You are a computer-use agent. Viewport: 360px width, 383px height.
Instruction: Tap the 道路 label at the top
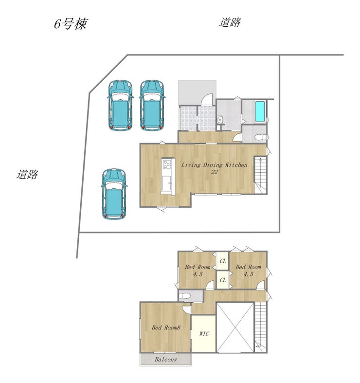pyautogui.click(x=230, y=22)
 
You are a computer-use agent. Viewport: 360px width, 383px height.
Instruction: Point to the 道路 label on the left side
pyautogui.click(x=27, y=174)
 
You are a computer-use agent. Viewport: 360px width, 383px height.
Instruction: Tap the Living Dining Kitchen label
pyautogui.click(x=214, y=165)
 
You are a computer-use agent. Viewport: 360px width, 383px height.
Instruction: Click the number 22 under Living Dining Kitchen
pyautogui.click(x=214, y=172)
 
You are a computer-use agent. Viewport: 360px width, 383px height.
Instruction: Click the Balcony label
pyautogui.click(x=165, y=360)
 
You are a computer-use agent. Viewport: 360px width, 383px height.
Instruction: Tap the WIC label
pyautogui.click(x=204, y=334)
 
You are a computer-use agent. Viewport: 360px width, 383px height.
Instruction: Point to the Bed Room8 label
pyautogui.click(x=166, y=328)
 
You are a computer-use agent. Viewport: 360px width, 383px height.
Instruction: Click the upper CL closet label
pyautogui.click(x=222, y=262)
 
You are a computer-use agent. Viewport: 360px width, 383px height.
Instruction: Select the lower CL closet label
pyautogui.click(x=222, y=280)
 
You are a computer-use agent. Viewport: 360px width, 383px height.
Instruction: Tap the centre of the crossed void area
pyautogui.click(x=235, y=327)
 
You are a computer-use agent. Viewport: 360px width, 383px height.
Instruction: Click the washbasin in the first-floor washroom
pyautogui.click(x=220, y=120)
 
